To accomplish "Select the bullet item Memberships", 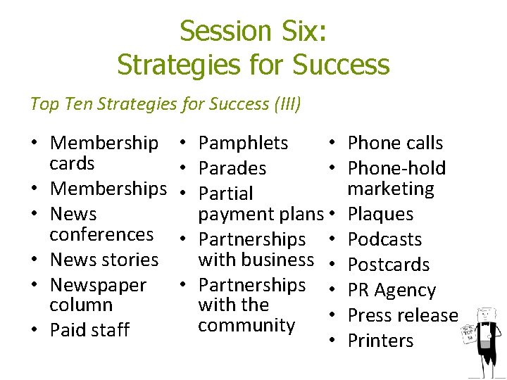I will (x=108, y=189).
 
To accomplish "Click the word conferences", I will (x=101, y=234).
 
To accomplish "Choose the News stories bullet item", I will (x=104, y=260).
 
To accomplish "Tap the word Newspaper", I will (x=98, y=285).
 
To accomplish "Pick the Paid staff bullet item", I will (x=89, y=329).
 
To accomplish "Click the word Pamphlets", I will (x=243, y=143).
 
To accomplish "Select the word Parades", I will (x=232, y=168).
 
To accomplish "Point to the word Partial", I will (x=225, y=194).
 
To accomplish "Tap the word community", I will (x=246, y=325).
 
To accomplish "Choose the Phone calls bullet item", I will (x=395, y=143).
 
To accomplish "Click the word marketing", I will (x=391, y=189).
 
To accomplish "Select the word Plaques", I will (x=380, y=214).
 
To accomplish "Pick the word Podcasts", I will (x=384, y=239).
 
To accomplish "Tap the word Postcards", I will (x=389, y=265).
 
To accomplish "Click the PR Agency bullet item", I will (x=392, y=290).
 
